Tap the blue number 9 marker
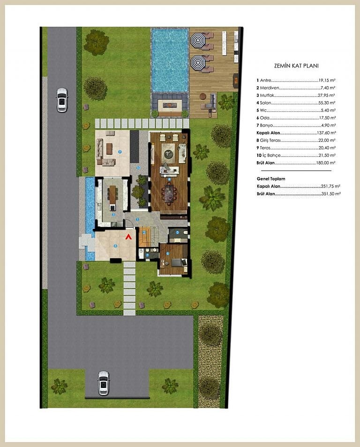point(120,152)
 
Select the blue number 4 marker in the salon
point(169,179)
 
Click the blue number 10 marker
point(138,168)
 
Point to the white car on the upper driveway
point(61,100)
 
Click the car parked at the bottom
point(103,383)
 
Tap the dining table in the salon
point(169,193)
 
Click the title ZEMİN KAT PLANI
point(296,66)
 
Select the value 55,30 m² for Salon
point(327,103)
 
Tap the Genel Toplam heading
point(271,179)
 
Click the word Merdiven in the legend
point(270,88)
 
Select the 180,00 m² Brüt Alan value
point(326,163)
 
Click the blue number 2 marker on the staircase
point(144,232)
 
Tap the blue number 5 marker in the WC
point(178,232)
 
